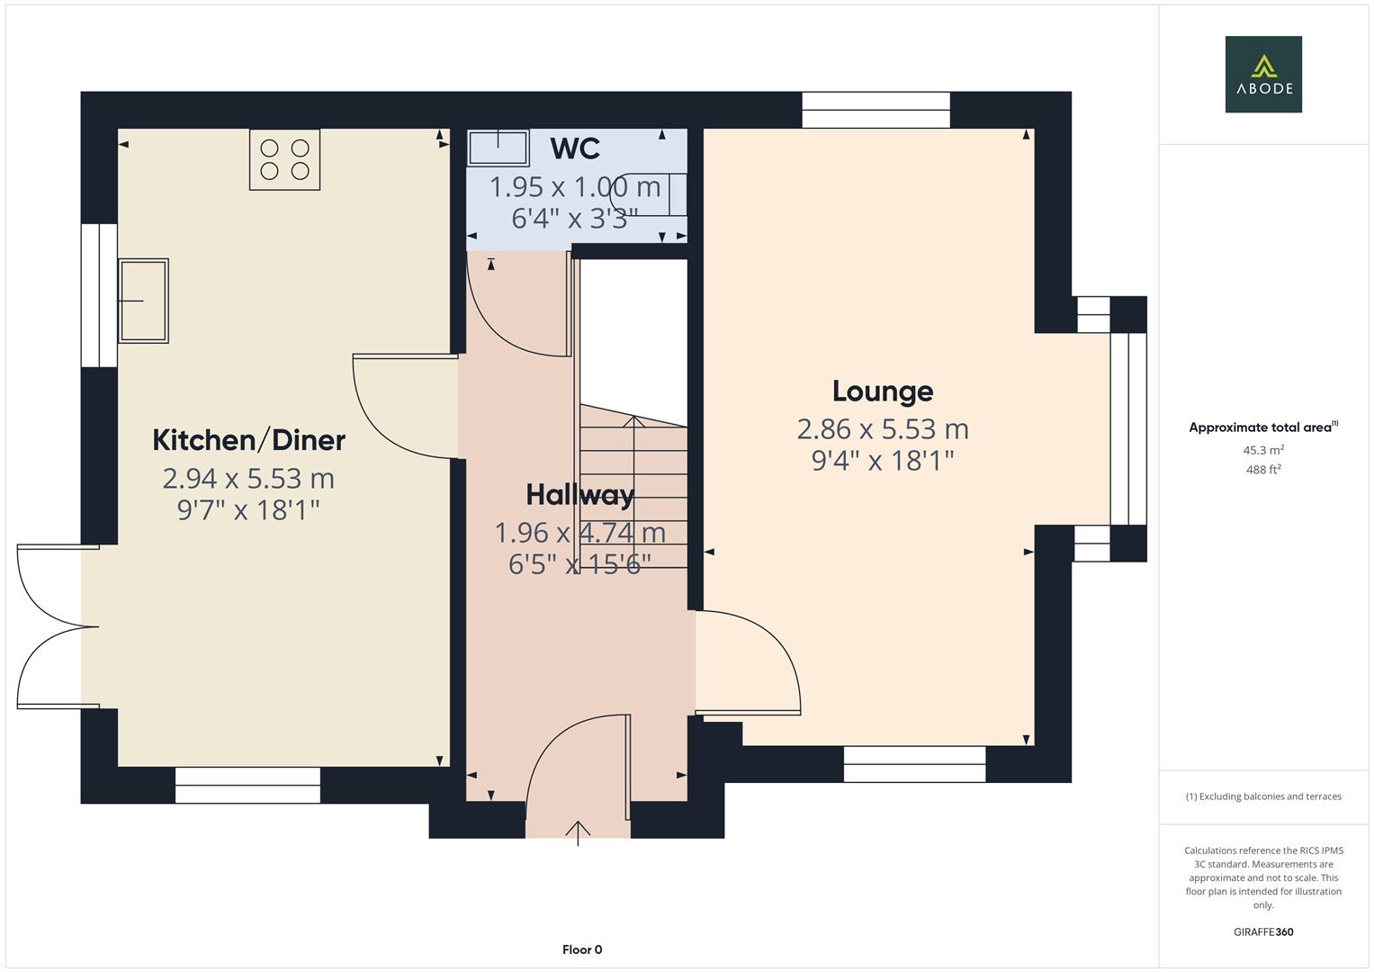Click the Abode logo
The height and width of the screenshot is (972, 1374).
1262,74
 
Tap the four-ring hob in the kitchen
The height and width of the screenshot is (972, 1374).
284,159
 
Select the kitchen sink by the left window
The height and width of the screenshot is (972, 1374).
143,301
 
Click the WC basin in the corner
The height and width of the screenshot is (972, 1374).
498,148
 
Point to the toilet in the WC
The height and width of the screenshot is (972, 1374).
651,193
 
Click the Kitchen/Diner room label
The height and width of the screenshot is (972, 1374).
248,440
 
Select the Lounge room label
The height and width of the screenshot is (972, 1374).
882,391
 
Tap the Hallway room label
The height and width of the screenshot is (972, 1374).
579,495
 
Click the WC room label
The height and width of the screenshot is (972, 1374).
575,148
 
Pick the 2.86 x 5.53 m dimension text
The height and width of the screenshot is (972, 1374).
882,429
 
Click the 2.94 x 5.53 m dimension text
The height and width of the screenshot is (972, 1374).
248,479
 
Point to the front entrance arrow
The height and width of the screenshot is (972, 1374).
578,832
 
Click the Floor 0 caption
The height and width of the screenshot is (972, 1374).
582,949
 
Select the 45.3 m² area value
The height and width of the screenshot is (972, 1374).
1262,450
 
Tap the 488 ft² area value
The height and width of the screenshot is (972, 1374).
1262,470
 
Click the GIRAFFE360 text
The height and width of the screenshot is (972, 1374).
1262,932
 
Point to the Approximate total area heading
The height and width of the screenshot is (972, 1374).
1262,427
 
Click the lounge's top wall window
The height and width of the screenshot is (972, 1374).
876,110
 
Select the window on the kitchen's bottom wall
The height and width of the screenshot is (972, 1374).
247,785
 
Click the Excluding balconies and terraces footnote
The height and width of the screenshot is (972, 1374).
1262,796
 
